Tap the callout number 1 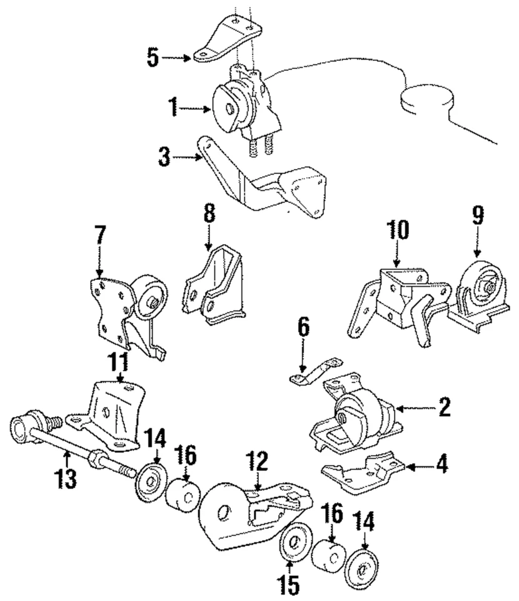(172, 108)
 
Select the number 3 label (164, 157)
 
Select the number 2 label (443, 408)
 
